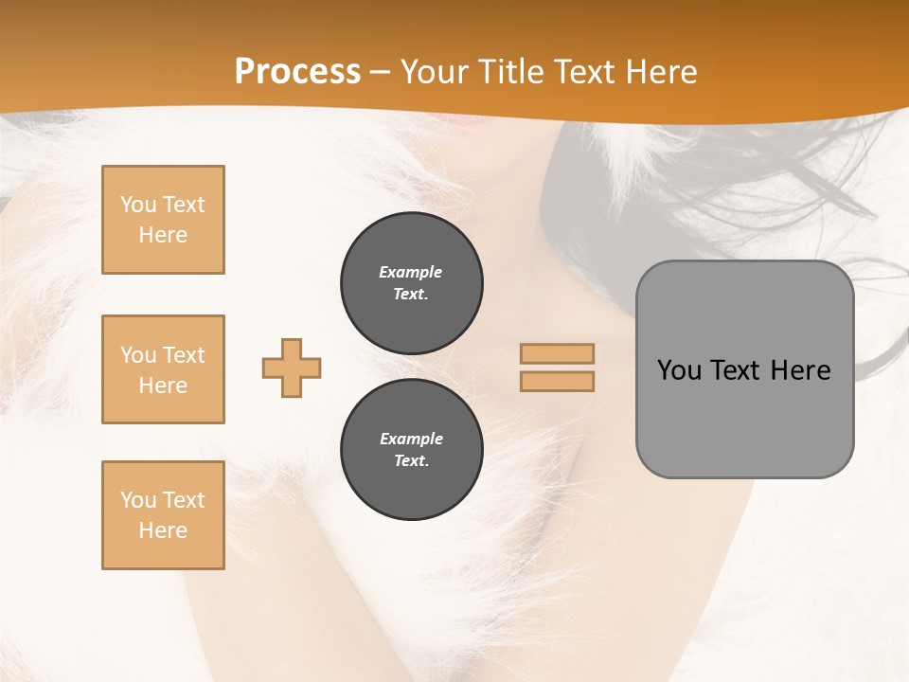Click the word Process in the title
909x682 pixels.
[x=297, y=72]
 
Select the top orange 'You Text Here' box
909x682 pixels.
[x=163, y=220]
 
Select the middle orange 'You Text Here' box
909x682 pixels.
[x=163, y=369]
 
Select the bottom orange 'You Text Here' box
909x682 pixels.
[x=163, y=515]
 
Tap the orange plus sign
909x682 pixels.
[x=292, y=368]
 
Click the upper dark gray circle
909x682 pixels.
[x=411, y=283]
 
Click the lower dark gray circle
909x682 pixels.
[x=411, y=450]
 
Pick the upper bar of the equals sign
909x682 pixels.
[x=557, y=353]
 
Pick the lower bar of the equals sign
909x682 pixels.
[x=557, y=381]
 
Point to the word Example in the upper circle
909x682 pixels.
[x=411, y=272]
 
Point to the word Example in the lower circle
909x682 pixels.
[x=411, y=439]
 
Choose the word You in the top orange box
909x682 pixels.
[x=137, y=205]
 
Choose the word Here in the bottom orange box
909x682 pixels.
[x=163, y=530]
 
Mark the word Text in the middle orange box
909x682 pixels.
[x=183, y=355]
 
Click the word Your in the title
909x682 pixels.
[x=435, y=72]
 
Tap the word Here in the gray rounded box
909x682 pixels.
[x=801, y=370]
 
